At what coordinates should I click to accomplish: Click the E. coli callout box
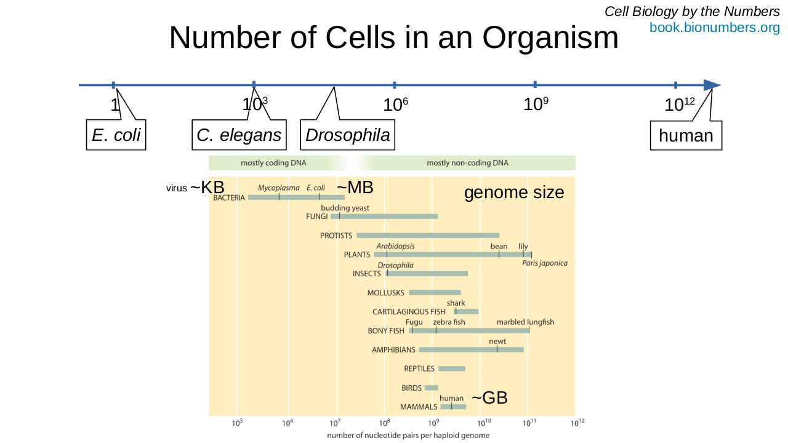coord(116,135)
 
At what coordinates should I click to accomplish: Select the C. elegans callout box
coord(239,135)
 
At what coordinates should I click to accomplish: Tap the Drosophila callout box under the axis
coord(347,135)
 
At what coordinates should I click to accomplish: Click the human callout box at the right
coord(686,135)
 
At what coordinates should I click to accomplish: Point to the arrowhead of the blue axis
coord(712,85)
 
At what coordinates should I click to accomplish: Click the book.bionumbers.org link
coord(714,28)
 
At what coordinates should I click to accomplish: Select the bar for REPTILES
coord(452,369)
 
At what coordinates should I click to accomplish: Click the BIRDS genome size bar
coord(432,388)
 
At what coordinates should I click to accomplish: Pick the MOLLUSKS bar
coord(435,292)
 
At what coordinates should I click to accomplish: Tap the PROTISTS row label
coord(336,236)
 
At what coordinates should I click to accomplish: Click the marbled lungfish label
coord(525,322)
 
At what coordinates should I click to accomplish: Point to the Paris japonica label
coord(545,263)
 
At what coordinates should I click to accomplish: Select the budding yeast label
coord(345,208)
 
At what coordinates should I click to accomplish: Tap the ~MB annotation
coord(355,187)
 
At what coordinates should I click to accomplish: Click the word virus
coord(176,188)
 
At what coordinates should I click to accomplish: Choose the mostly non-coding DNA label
coord(467,163)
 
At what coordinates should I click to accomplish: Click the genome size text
coord(514,193)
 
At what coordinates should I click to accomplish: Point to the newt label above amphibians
coord(497,341)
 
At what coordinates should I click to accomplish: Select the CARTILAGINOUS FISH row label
coord(409,312)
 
